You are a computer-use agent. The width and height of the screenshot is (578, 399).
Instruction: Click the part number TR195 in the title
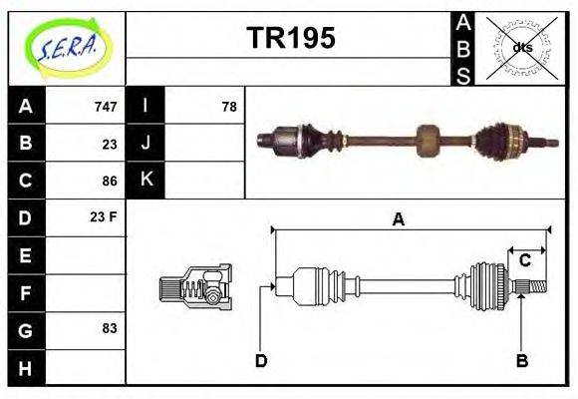tap(290, 39)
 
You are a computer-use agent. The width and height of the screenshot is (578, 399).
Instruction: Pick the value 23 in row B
tap(110, 144)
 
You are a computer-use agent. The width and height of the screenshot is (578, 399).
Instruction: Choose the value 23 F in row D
tap(105, 216)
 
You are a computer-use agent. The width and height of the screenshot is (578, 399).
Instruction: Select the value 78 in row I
tap(228, 107)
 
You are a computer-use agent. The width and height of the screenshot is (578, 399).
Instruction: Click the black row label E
tap(25, 255)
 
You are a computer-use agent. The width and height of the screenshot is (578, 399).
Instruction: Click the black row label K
tap(146, 181)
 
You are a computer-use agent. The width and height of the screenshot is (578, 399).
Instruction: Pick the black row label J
tap(146, 143)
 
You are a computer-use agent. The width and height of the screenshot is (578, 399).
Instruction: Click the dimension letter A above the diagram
tap(398, 219)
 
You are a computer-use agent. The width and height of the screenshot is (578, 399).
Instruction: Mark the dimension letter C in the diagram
tap(524, 261)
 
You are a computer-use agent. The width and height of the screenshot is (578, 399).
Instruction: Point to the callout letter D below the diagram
tap(260, 360)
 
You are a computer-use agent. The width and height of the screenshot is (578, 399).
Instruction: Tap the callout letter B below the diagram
tap(521, 360)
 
